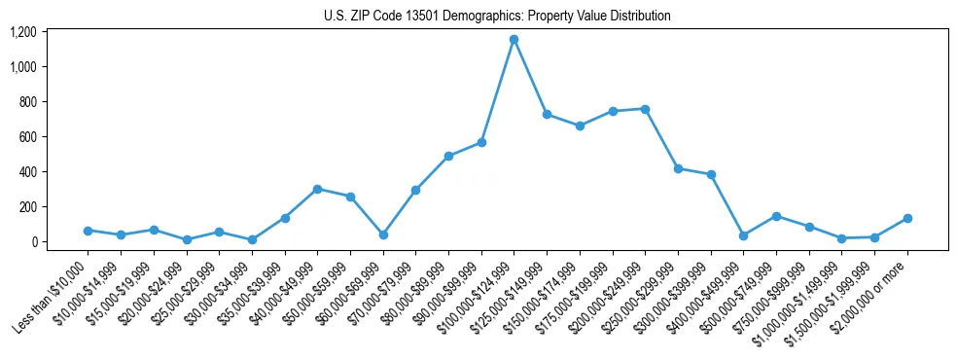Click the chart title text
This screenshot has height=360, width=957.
click(x=497, y=17)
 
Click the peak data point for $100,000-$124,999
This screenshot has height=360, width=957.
click(x=514, y=39)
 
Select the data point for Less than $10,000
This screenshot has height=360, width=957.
click(x=88, y=231)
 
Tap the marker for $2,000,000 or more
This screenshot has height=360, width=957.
click(x=906, y=218)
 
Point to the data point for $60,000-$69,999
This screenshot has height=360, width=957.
click(x=382, y=234)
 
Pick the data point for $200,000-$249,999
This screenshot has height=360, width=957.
click(x=645, y=109)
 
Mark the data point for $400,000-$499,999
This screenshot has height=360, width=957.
click(x=743, y=235)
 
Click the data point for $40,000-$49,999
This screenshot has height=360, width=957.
click(x=317, y=189)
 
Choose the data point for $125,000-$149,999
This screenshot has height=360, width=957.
click(x=547, y=114)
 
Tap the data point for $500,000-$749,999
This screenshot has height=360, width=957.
click(x=776, y=216)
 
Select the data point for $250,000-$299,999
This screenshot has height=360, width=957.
click(x=678, y=168)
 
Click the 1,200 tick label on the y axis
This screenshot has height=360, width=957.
click(x=22, y=32)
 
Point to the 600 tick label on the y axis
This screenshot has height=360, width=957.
click(x=27, y=137)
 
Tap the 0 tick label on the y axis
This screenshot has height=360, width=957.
click(x=32, y=242)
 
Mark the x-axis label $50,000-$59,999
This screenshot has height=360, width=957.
click(x=312, y=292)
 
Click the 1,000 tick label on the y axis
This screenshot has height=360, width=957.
click(x=22, y=67)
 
